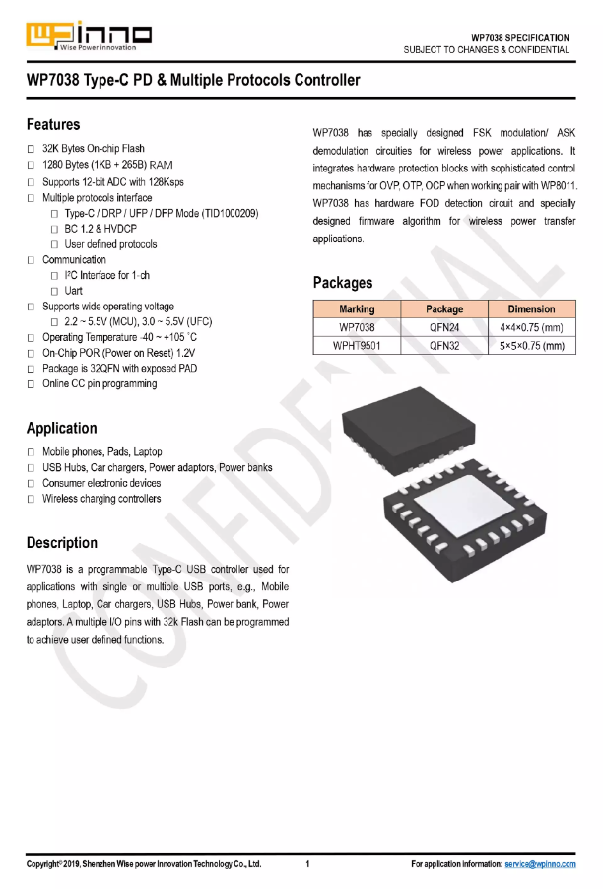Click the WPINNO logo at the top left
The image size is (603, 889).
click(89, 35)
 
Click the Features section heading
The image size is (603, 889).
click(53, 125)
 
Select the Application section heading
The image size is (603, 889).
click(62, 428)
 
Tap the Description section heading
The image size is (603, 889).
click(62, 543)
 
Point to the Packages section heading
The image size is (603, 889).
click(343, 283)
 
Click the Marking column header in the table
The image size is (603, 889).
click(356, 309)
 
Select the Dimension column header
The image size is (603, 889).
click(531, 309)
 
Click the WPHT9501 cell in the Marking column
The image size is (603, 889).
click(356, 346)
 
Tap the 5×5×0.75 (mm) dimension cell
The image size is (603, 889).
click(531, 346)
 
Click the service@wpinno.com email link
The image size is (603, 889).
click(540, 864)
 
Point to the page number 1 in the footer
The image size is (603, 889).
click(308, 864)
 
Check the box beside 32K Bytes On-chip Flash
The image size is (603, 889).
click(32, 149)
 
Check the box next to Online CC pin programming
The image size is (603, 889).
click(32, 384)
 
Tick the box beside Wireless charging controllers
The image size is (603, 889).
click(32, 500)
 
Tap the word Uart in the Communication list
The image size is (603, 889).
click(75, 291)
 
